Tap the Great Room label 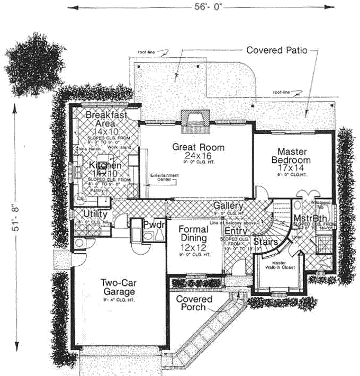point(191,147)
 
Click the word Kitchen point(105,166)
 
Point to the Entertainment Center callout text point(164,177)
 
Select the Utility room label point(95,214)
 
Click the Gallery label point(228,205)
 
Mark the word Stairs point(263,242)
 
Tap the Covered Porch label point(194,303)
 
